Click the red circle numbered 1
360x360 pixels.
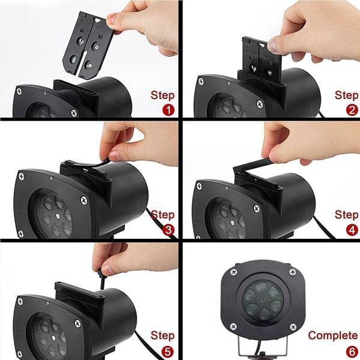pyautogui.click(x=169, y=110)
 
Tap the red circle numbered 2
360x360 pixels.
pyautogui.click(x=352, y=110)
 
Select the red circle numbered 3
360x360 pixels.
pyautogui.click(x=169, y=230)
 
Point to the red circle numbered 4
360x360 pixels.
pyautogui.click(x=352, y=230)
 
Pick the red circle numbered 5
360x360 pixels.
pyautogui.click(x=168, y=352)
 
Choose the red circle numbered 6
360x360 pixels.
pyautogui.click(x=352, y=352)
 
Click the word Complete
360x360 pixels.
pyautogui.click(x=333, y=335)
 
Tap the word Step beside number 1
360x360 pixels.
pyautogui.click(x=163, y=95)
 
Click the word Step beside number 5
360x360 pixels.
pyautogui.click(x=163, y=335)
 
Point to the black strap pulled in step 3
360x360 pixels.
pyautogui.click(x=86, y=164)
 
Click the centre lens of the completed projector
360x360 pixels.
pyautogui.click(x=263, y=300)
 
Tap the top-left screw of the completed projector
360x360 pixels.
pyautogui.click(x=234, y=272)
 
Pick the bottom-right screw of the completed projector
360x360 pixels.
pyautogui.click(x=293, y=327)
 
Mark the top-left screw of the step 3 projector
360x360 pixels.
pyautogui.click(x=22, y=176)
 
